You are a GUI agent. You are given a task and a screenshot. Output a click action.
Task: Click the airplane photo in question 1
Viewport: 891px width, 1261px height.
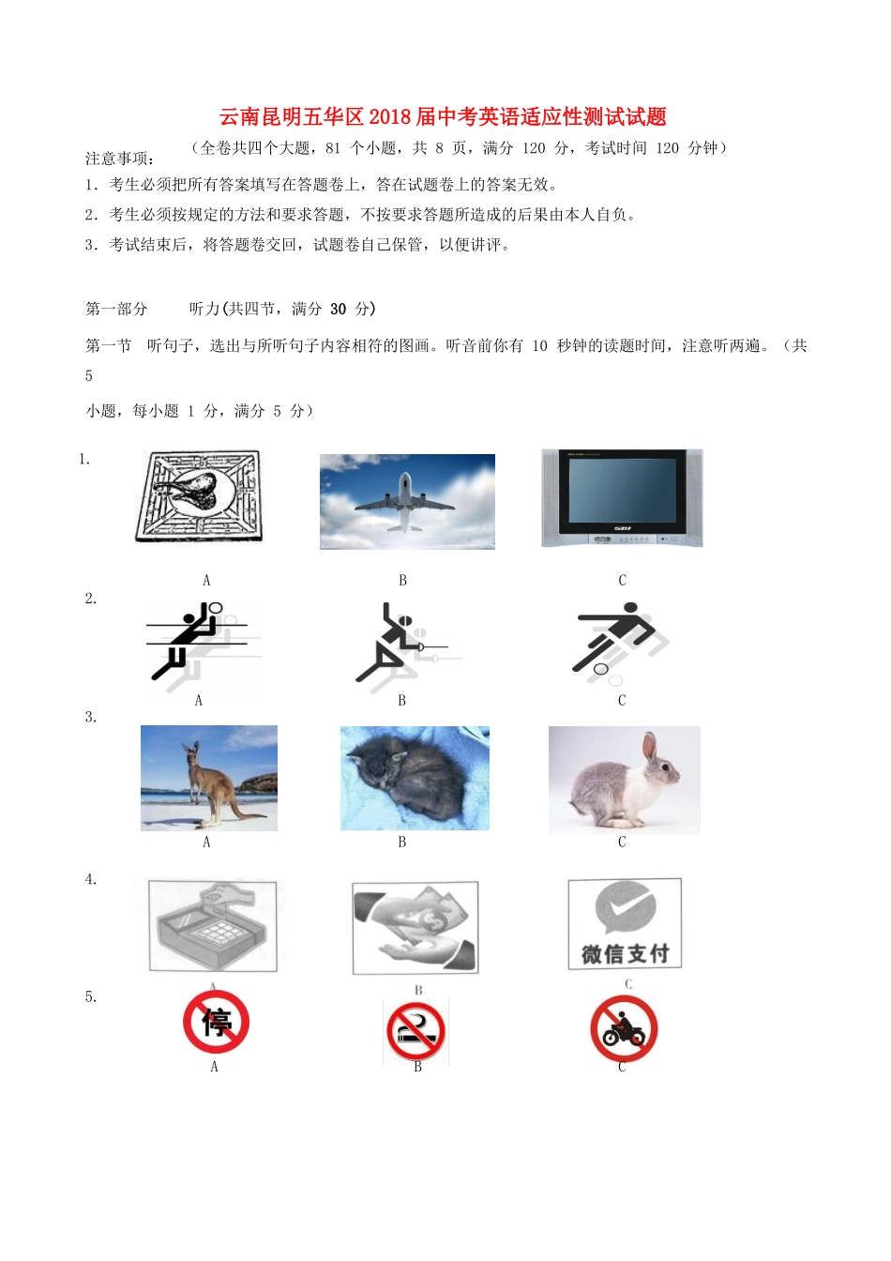[x=407, y=502]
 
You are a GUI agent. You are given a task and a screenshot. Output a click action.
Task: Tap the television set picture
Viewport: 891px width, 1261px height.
[x=622, y=498]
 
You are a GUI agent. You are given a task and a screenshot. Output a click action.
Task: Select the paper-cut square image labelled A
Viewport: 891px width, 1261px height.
[x=198, y=497]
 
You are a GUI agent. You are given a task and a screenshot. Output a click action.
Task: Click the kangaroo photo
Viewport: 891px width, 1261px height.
[x=209, y=778]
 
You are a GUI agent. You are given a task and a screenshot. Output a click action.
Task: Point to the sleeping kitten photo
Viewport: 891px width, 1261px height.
[x=415, y=778]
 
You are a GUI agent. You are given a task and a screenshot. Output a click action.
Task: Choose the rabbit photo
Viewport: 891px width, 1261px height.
[x=624, y=780]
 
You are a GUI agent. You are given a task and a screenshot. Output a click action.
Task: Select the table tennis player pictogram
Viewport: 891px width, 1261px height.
[x=403, y=644]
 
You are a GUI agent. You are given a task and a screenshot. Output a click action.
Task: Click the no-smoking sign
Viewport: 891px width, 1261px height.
[x=415, y=1031]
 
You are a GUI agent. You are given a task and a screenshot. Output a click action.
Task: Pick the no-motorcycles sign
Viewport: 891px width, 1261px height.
[x=624, y=1029]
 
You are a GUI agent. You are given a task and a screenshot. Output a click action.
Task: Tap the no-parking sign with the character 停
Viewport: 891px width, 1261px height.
[x=216, y=1022]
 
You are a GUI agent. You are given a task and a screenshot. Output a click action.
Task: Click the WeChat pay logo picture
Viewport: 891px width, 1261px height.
[x=625, y=924]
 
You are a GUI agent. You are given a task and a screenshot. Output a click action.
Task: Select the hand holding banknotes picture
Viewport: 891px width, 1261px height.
[x=415, y=928]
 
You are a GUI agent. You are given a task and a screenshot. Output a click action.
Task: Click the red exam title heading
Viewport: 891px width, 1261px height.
[x=443, y=117]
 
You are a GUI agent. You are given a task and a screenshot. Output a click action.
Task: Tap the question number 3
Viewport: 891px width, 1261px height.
[x=90, y=717]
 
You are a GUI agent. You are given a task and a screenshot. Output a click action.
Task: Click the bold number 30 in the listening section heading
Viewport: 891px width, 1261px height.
[x=338, y=309]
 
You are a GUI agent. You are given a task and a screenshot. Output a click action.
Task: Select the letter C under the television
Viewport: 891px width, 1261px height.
[x=622, y=581]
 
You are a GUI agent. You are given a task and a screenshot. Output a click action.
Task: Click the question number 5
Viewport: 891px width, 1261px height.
[x=90, y=996]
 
